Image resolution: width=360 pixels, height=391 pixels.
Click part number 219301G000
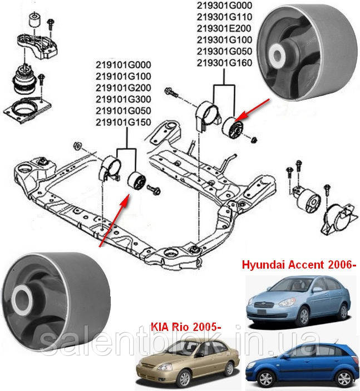tap(225, 6)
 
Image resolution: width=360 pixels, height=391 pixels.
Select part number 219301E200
tap(224, 28)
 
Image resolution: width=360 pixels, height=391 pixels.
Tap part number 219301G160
tap(225, 63)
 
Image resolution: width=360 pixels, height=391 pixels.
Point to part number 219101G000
tap(124, 65)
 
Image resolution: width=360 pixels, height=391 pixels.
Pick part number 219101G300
tap(124, 99)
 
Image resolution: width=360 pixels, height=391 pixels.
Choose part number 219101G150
tap(124, 122)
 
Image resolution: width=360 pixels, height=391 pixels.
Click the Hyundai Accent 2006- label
tap(299, 265)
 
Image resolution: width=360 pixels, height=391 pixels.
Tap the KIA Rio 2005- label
tap(186, 326)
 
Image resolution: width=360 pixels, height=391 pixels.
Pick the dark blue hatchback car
tap(303, 365)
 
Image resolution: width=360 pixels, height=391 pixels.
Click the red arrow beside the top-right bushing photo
tap(253, 110)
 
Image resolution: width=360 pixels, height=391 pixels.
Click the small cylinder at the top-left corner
tap(35, 19)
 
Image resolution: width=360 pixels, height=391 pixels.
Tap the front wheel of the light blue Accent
tap(304, 316)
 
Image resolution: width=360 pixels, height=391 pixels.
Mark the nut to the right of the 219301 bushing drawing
tap(254, 140)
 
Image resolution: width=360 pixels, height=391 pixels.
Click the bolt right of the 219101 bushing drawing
tap(154, 190)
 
